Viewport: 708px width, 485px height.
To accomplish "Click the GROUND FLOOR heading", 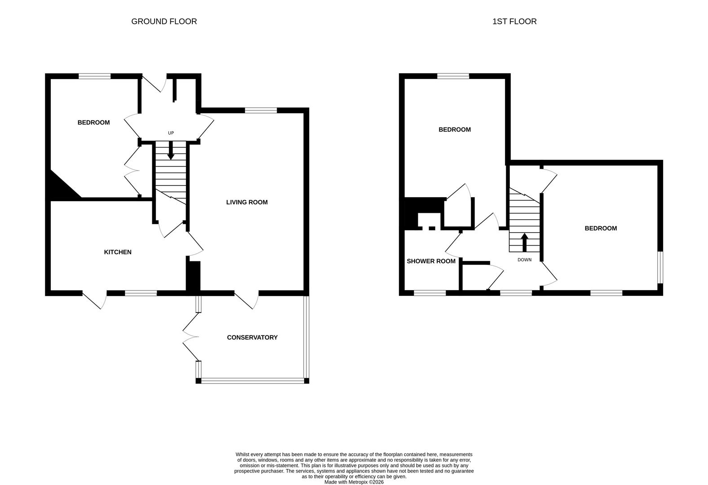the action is point(164,22).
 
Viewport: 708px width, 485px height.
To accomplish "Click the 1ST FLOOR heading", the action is point(514,22).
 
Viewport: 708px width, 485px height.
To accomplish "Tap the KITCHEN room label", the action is point(118,252).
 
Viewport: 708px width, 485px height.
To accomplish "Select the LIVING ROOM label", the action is point(247,202).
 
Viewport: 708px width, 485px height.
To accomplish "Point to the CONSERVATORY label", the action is point(252,337).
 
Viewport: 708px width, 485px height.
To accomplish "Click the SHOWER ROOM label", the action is point(431,261).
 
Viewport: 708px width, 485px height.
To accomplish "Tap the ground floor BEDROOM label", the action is point(93,122).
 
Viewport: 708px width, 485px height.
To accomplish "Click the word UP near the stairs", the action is point(171,133).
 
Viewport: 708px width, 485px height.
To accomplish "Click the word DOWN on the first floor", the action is point(524,260).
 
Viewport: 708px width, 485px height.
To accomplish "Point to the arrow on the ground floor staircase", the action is point(171,150).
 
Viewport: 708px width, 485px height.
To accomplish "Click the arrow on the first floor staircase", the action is point(524,242).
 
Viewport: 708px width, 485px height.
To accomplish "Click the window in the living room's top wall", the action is point(261,110).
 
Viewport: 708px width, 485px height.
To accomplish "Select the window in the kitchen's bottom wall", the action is point(141,293).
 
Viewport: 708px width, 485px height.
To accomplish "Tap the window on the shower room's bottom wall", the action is point(430,293).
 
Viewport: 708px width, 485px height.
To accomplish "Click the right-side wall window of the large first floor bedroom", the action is point(660,267).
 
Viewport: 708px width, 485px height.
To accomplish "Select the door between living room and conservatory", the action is point(247,300).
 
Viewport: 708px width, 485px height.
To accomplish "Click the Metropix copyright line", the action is point(354,482).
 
